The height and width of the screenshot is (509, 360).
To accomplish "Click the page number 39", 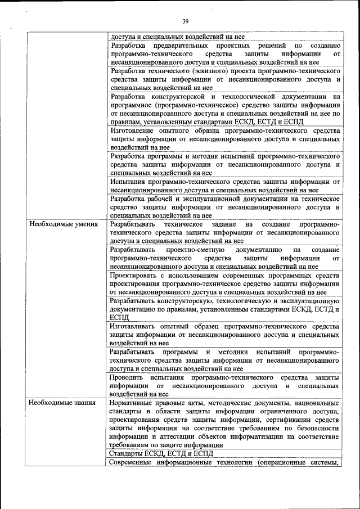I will [185, 21].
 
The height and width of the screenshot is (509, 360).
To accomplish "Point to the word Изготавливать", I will [135, 326].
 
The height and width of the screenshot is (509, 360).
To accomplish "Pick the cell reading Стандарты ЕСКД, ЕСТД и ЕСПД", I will [163, 453].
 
